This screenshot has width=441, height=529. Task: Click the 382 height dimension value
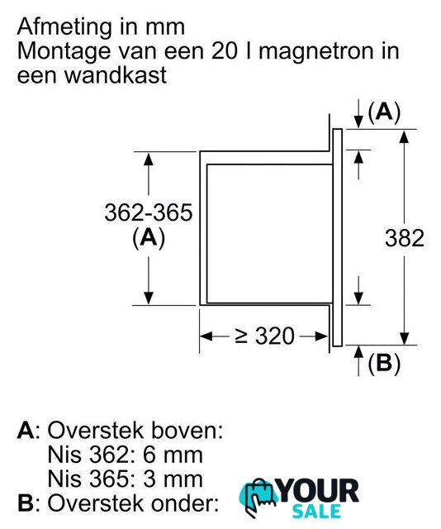(405, 238)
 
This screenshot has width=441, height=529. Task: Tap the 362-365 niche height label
(149, 212)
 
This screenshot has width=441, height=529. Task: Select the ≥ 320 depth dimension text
(265, 336)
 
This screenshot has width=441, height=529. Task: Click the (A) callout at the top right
(384, 112)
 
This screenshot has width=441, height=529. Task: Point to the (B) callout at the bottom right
(384, 364)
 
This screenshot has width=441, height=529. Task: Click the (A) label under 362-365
(149, 238)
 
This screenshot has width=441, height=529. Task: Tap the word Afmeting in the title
(64, 27)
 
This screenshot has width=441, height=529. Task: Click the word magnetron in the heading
(315, 51)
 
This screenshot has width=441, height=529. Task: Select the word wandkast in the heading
(116, 75)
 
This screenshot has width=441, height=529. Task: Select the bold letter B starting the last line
(25, 503)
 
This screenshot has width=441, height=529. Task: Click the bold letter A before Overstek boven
(26, 431)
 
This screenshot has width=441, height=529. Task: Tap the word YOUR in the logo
(318, 491)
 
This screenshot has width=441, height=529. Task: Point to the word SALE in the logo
(316, 511)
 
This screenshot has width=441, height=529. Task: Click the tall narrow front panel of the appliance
(338, 237)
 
